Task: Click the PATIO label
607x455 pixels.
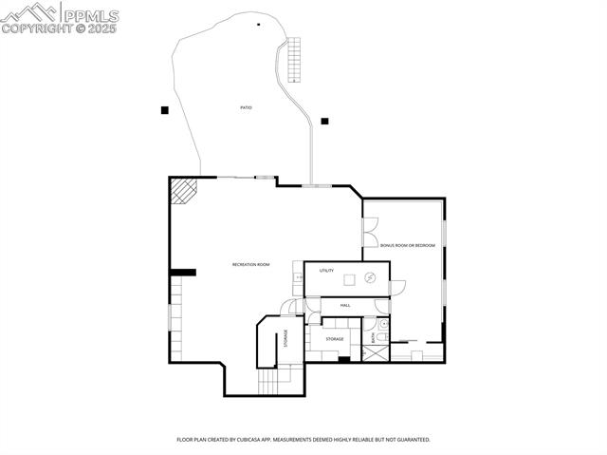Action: pos(246,107)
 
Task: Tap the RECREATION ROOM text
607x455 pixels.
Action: pos(251,264)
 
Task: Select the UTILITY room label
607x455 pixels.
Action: pos(326,271)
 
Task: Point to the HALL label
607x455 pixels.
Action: pos(345,305)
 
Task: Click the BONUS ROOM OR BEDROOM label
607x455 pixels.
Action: pos(408,245)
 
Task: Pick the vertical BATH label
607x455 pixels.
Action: pos(374,335)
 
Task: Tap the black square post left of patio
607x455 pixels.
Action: pos(164,110)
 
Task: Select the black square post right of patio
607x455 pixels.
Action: pos(324,121)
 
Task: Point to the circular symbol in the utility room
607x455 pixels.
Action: pos(372,277)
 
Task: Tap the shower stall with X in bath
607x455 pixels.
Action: pos(376,352)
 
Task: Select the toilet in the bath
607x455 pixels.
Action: pos(382,324)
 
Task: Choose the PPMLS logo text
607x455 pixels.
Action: pos(91,14)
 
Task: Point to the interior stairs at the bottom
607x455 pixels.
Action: pos(267,381)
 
